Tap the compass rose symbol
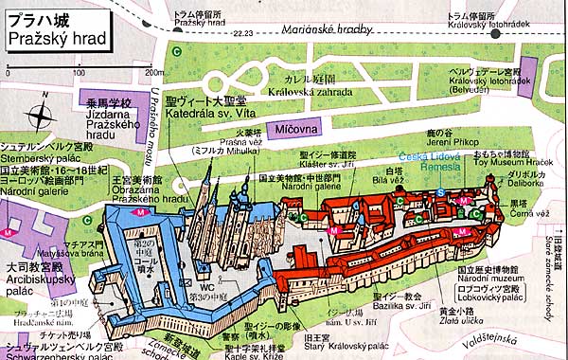pos(40,117)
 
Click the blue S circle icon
pos(441,192)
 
